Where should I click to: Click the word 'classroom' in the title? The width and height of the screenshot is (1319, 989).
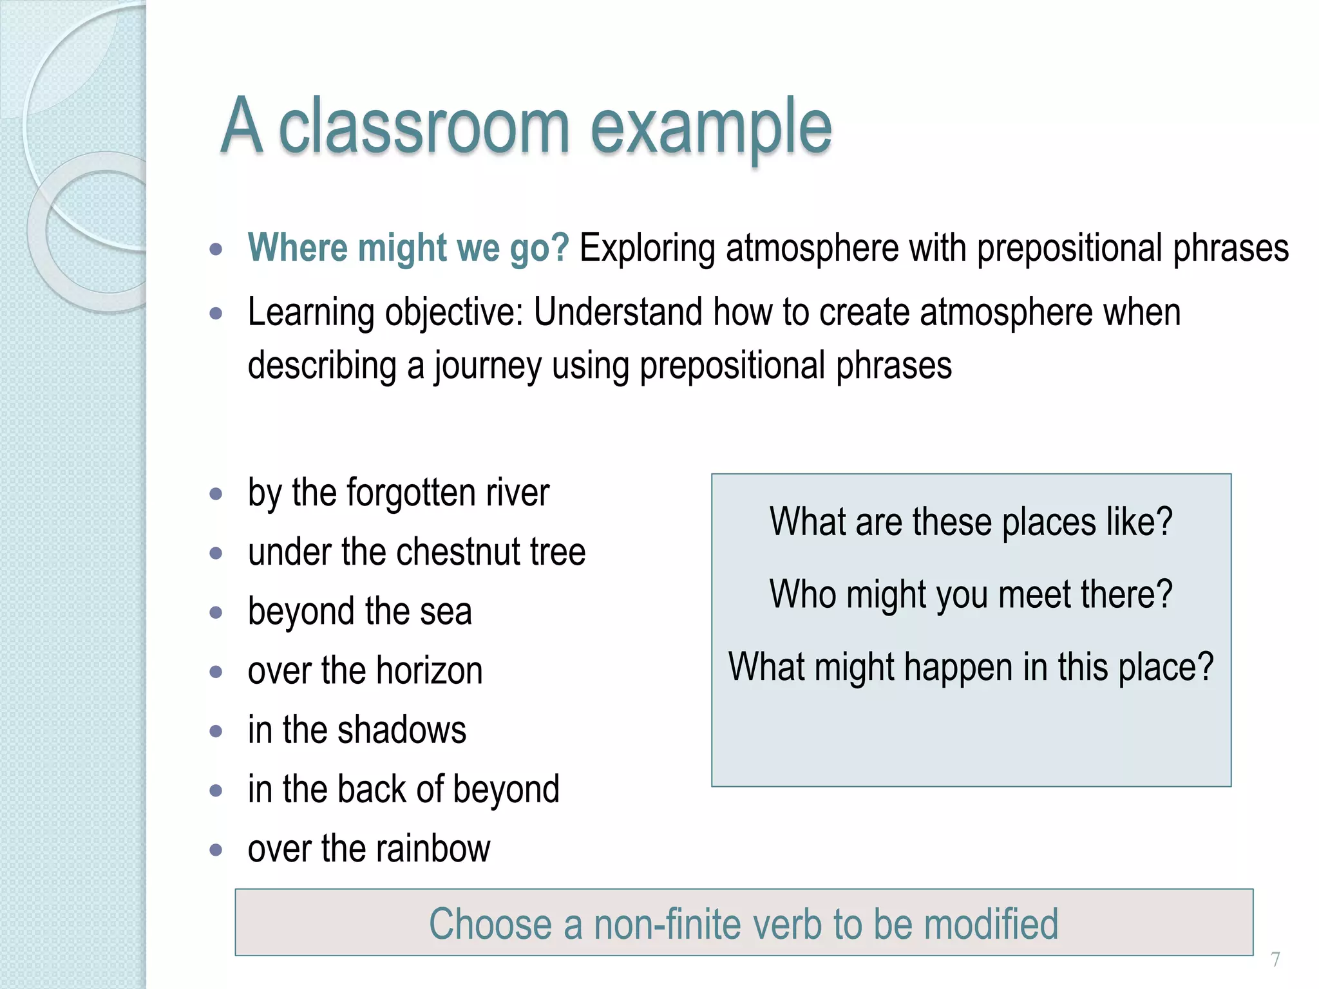coord(424,126)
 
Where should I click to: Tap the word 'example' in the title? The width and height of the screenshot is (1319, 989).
coord(711,126)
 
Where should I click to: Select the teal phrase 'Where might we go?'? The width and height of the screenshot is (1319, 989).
coord(408,248)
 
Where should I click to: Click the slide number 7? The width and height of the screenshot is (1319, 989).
coord(1275,959)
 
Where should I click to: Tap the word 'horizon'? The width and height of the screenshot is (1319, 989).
coord(430,671)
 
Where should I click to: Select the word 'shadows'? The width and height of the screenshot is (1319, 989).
coord(402,730)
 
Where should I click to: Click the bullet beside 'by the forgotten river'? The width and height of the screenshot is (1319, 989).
coord(216,494)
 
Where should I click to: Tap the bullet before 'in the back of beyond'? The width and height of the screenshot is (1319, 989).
coord(216,791)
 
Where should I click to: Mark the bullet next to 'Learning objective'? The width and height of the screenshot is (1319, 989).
coord(216,314)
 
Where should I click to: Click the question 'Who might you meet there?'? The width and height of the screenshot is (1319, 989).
coord(971,594)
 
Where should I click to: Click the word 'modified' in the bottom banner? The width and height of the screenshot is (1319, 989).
coord(991,924)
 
